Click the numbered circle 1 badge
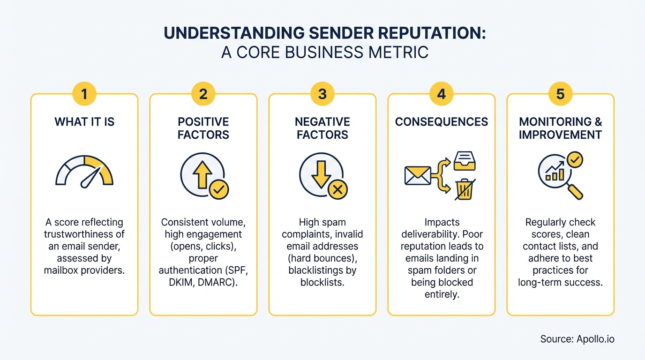point(84,94)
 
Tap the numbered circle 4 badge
point(442,94)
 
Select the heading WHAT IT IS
point(84,122)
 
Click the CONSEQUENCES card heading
point(442,122)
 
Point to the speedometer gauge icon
point(84,171)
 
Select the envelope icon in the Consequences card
point(418,176)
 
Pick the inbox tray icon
point(465,161)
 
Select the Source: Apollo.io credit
point(577,339)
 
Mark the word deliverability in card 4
point(442,234)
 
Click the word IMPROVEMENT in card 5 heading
point(561,135)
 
